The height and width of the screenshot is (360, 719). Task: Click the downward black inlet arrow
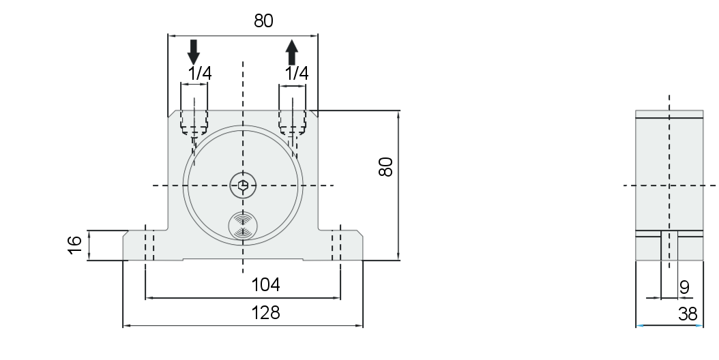[x=194, y=52]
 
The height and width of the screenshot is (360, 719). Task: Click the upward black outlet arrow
[x=292, y=52]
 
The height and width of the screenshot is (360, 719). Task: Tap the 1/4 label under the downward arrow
[x=200, y=74]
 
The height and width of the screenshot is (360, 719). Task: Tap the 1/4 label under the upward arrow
[x=297, y=74]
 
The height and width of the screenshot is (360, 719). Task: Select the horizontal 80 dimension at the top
[x=263, y=21]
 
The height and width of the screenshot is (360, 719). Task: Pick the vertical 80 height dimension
[x=385, y=166]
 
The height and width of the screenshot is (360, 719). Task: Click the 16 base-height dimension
[x=74, y=245]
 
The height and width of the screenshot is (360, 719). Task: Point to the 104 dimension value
[x=265, y=285]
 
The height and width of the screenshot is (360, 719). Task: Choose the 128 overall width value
[x=265, y=313]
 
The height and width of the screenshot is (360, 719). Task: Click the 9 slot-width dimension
[x=684, y=288]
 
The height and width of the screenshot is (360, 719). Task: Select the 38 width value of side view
[x=688, y=314]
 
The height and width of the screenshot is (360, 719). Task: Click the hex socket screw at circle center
[x=243, y=185]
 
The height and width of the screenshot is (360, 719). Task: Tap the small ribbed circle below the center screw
[x=243, y=226]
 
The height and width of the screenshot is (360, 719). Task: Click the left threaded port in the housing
[x=194, y=122]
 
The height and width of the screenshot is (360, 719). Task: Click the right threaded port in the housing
[x=293, y=122]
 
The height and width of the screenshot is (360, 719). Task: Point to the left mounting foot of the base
[x=145, y=245]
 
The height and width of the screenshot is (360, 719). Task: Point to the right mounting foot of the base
[x=340, y=245]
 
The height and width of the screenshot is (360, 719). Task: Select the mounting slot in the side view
[x=669, y=246]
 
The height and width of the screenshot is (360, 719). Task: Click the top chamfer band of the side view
[x=669, y=114]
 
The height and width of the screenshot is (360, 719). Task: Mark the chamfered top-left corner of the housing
[x=172, y=113]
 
